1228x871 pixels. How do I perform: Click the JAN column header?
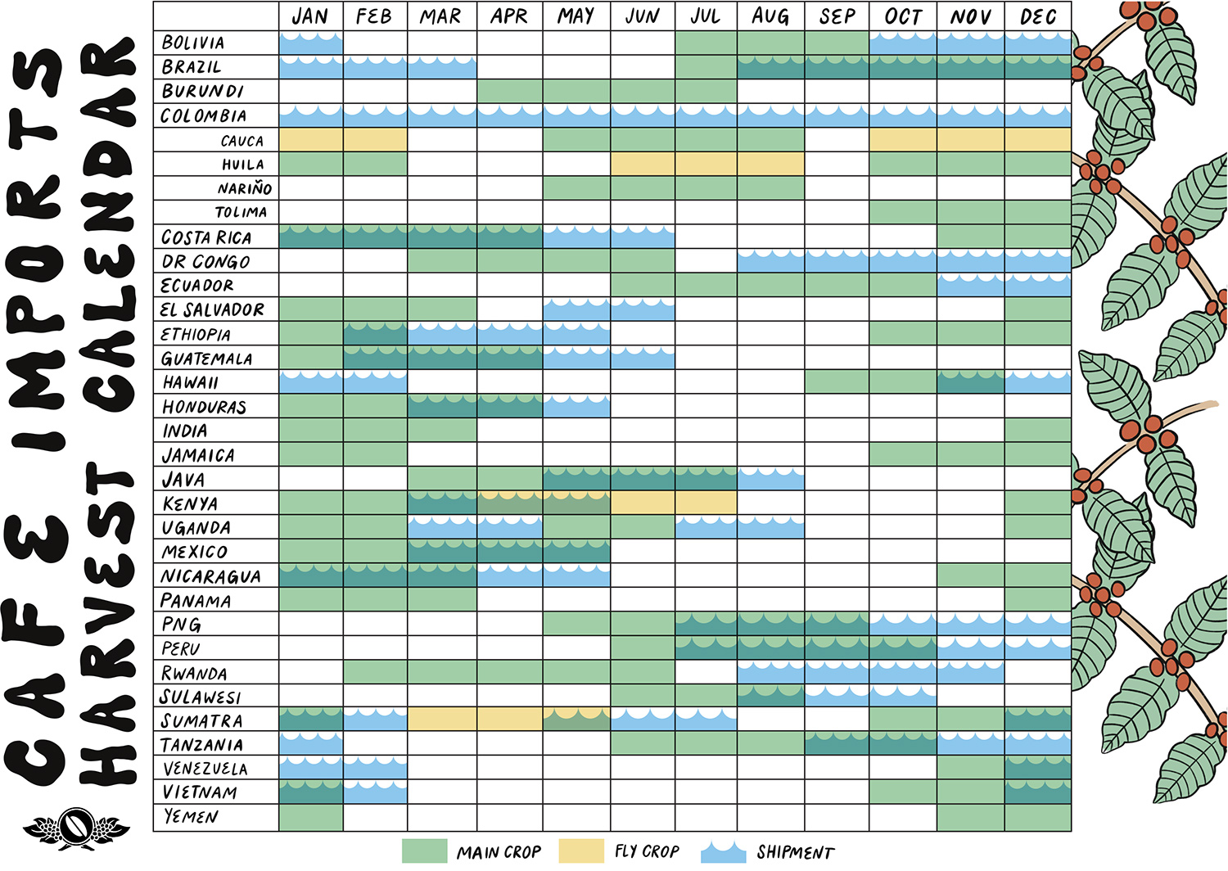tap(310, 16)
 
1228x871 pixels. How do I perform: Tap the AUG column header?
tap(770, 16)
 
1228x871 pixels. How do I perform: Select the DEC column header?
tap(1038, 16)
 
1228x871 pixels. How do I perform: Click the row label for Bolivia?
tap(193, 43)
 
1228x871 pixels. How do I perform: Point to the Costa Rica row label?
tap(206, 237)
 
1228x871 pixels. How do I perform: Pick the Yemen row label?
tap(191, 817)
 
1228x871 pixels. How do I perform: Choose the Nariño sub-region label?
tap(244, 189)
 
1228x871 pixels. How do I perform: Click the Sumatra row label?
tap(201, 721)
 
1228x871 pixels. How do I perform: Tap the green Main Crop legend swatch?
tap(425, 851)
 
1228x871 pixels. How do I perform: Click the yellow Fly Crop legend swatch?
tap(581, 851)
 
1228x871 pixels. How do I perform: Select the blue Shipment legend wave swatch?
tap(724, 851)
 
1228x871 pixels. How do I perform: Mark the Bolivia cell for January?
tap(311, 43)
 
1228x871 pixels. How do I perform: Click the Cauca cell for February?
tap(375, 140)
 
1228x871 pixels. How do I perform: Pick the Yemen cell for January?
tap(311, 817)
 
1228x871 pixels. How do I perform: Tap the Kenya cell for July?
tap(706, 503)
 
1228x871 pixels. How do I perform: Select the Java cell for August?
tap(770, 479)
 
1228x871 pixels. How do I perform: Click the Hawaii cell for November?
tap(971, 382)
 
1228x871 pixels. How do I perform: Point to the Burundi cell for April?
tap(509, 92)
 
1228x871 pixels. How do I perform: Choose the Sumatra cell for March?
tap(441, 720)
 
